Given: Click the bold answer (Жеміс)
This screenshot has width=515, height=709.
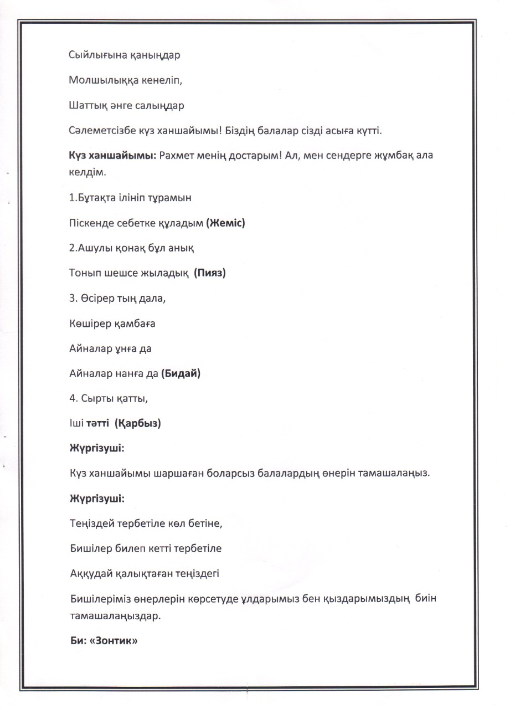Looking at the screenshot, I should [225, 223].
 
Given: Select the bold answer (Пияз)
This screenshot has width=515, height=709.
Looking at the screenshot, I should [210, 273].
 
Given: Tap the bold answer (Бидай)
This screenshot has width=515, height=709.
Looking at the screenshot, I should [181, 374].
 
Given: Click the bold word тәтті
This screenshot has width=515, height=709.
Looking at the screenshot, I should [97, 424].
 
